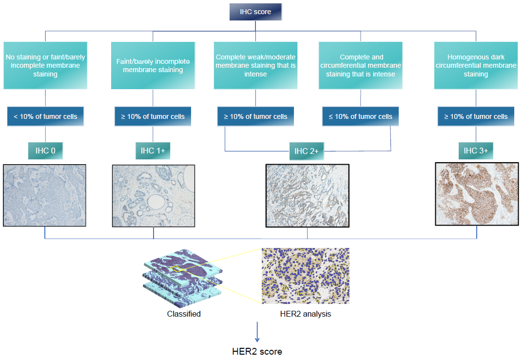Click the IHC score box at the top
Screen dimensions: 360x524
point(255,12)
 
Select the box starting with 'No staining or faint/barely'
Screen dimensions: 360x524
point(45,65)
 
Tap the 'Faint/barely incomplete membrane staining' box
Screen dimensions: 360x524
point(153,65)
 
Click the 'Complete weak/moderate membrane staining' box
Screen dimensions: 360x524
point(255,65)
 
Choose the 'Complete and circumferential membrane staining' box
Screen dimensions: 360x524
point(361,65)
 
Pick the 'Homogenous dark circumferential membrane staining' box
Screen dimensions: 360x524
point(476,65)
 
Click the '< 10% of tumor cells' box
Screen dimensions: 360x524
point(45,116)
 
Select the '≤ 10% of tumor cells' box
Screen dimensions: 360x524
point(361,116)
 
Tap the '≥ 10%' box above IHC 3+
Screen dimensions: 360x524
point(476,116)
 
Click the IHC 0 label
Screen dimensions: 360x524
point(45,151)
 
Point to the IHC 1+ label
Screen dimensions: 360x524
point(153,151)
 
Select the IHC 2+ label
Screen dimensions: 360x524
point(307,151)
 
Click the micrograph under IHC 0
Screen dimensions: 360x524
point(45,195)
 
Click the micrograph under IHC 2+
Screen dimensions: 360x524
point(307,195)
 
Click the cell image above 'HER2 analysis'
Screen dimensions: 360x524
point(306,276)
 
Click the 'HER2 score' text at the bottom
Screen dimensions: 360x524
point(257,351)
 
